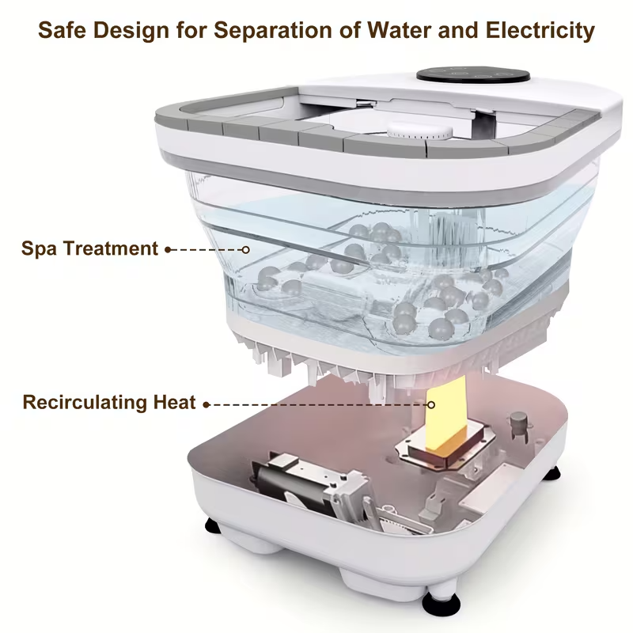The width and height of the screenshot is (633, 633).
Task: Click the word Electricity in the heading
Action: click(x=538, y=31)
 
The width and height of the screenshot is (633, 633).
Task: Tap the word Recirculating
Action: click(x=85, y=402)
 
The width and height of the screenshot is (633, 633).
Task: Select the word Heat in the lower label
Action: click(x=173, y=402)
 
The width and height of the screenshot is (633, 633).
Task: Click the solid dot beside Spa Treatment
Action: click(x=168, y=249)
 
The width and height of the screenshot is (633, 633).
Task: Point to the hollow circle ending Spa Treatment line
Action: click(x=245, y=249)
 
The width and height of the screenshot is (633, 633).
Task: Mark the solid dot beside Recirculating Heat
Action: click(x=206, y=404)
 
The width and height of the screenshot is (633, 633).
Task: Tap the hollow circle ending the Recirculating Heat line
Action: click(x=431, y=404)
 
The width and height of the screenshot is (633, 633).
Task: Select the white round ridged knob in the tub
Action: click(x=419, y=133)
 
